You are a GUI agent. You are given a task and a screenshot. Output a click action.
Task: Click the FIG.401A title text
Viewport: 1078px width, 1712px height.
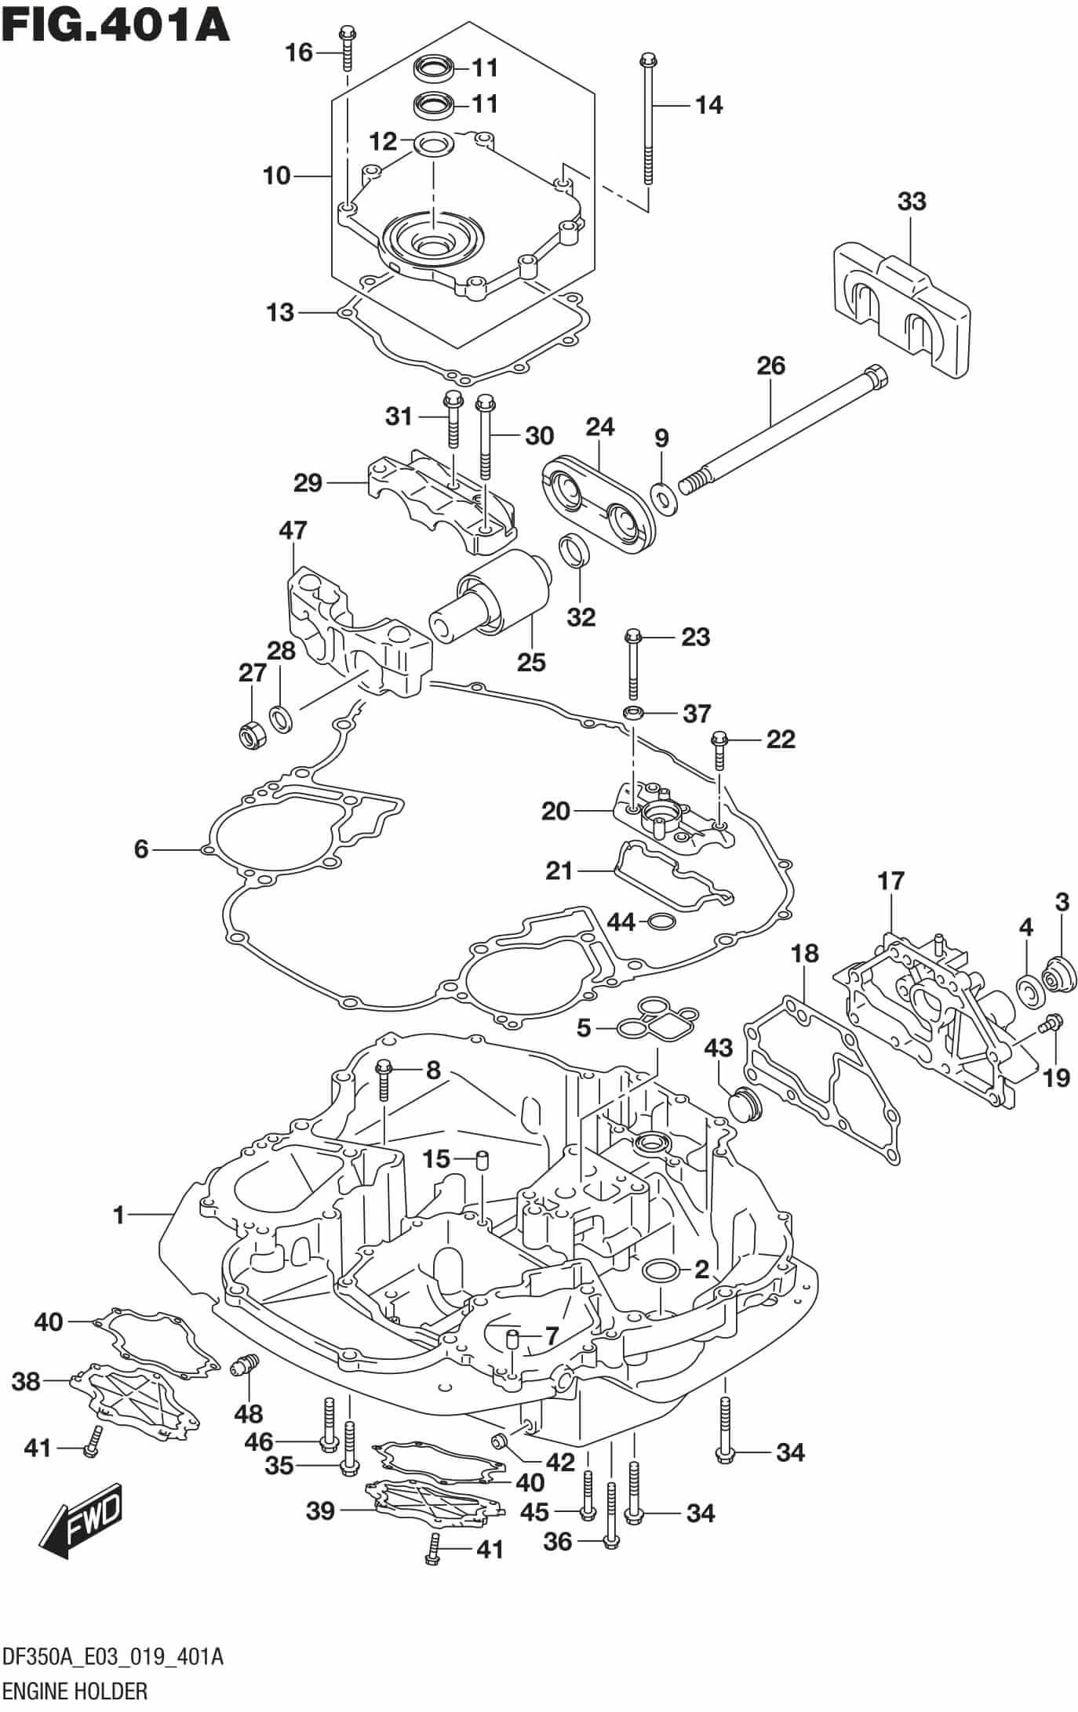115,25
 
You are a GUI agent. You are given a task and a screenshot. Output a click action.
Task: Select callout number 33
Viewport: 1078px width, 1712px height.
912,202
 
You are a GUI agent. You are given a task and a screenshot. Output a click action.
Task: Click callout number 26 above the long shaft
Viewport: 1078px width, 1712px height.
770,365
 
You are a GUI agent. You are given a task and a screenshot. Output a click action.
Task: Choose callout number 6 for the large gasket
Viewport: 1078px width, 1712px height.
141,849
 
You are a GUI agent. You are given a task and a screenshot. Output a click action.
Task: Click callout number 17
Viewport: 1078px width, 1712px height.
891,881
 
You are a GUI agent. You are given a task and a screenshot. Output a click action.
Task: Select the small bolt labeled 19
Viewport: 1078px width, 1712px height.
1051,1024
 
